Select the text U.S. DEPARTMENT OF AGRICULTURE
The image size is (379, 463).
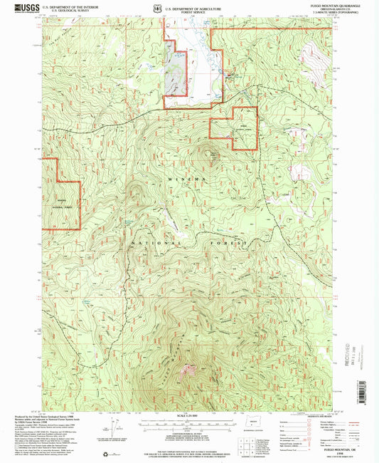pos(191,6)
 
